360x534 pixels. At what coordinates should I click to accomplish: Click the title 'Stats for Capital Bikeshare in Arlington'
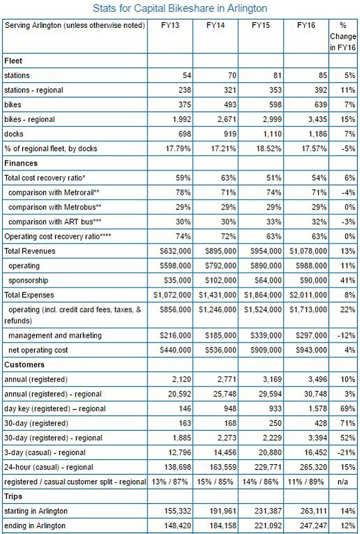pyautogui.click(x=180, y=8)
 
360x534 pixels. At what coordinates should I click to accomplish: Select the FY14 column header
pyautogui.click(x=215, y=26)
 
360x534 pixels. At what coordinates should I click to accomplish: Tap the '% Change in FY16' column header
pyautogui.click(x=343, y=37)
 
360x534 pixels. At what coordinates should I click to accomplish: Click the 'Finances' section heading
pyautogui.click(x=21, y=163)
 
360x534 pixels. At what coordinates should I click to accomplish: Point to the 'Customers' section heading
pyautogui.click(x=24, y=365)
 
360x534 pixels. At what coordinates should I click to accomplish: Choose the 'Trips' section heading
pyautogui.click(x=13, y=496)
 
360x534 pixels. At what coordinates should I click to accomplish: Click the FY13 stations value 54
pyautogui.click(x=186, y=75)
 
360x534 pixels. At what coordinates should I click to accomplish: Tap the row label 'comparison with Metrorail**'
pyautogui.click(x=54, y=192)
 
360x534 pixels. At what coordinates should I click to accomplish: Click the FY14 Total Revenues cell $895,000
pyautogui.click(x=220, y=251)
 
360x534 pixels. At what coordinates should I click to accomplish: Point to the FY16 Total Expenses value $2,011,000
pyautogui.click(x=308, y=295)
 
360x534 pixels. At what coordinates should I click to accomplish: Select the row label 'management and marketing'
pyautogui.click(x=55, y=335)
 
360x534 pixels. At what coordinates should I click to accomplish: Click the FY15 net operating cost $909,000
pyautogui.click(x=266, y=350)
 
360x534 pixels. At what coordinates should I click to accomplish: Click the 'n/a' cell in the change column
pyautogui.click(x=343, y=482)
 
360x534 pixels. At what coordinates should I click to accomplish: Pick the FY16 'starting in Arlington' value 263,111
pyautogui.click(x=314, y=511)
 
